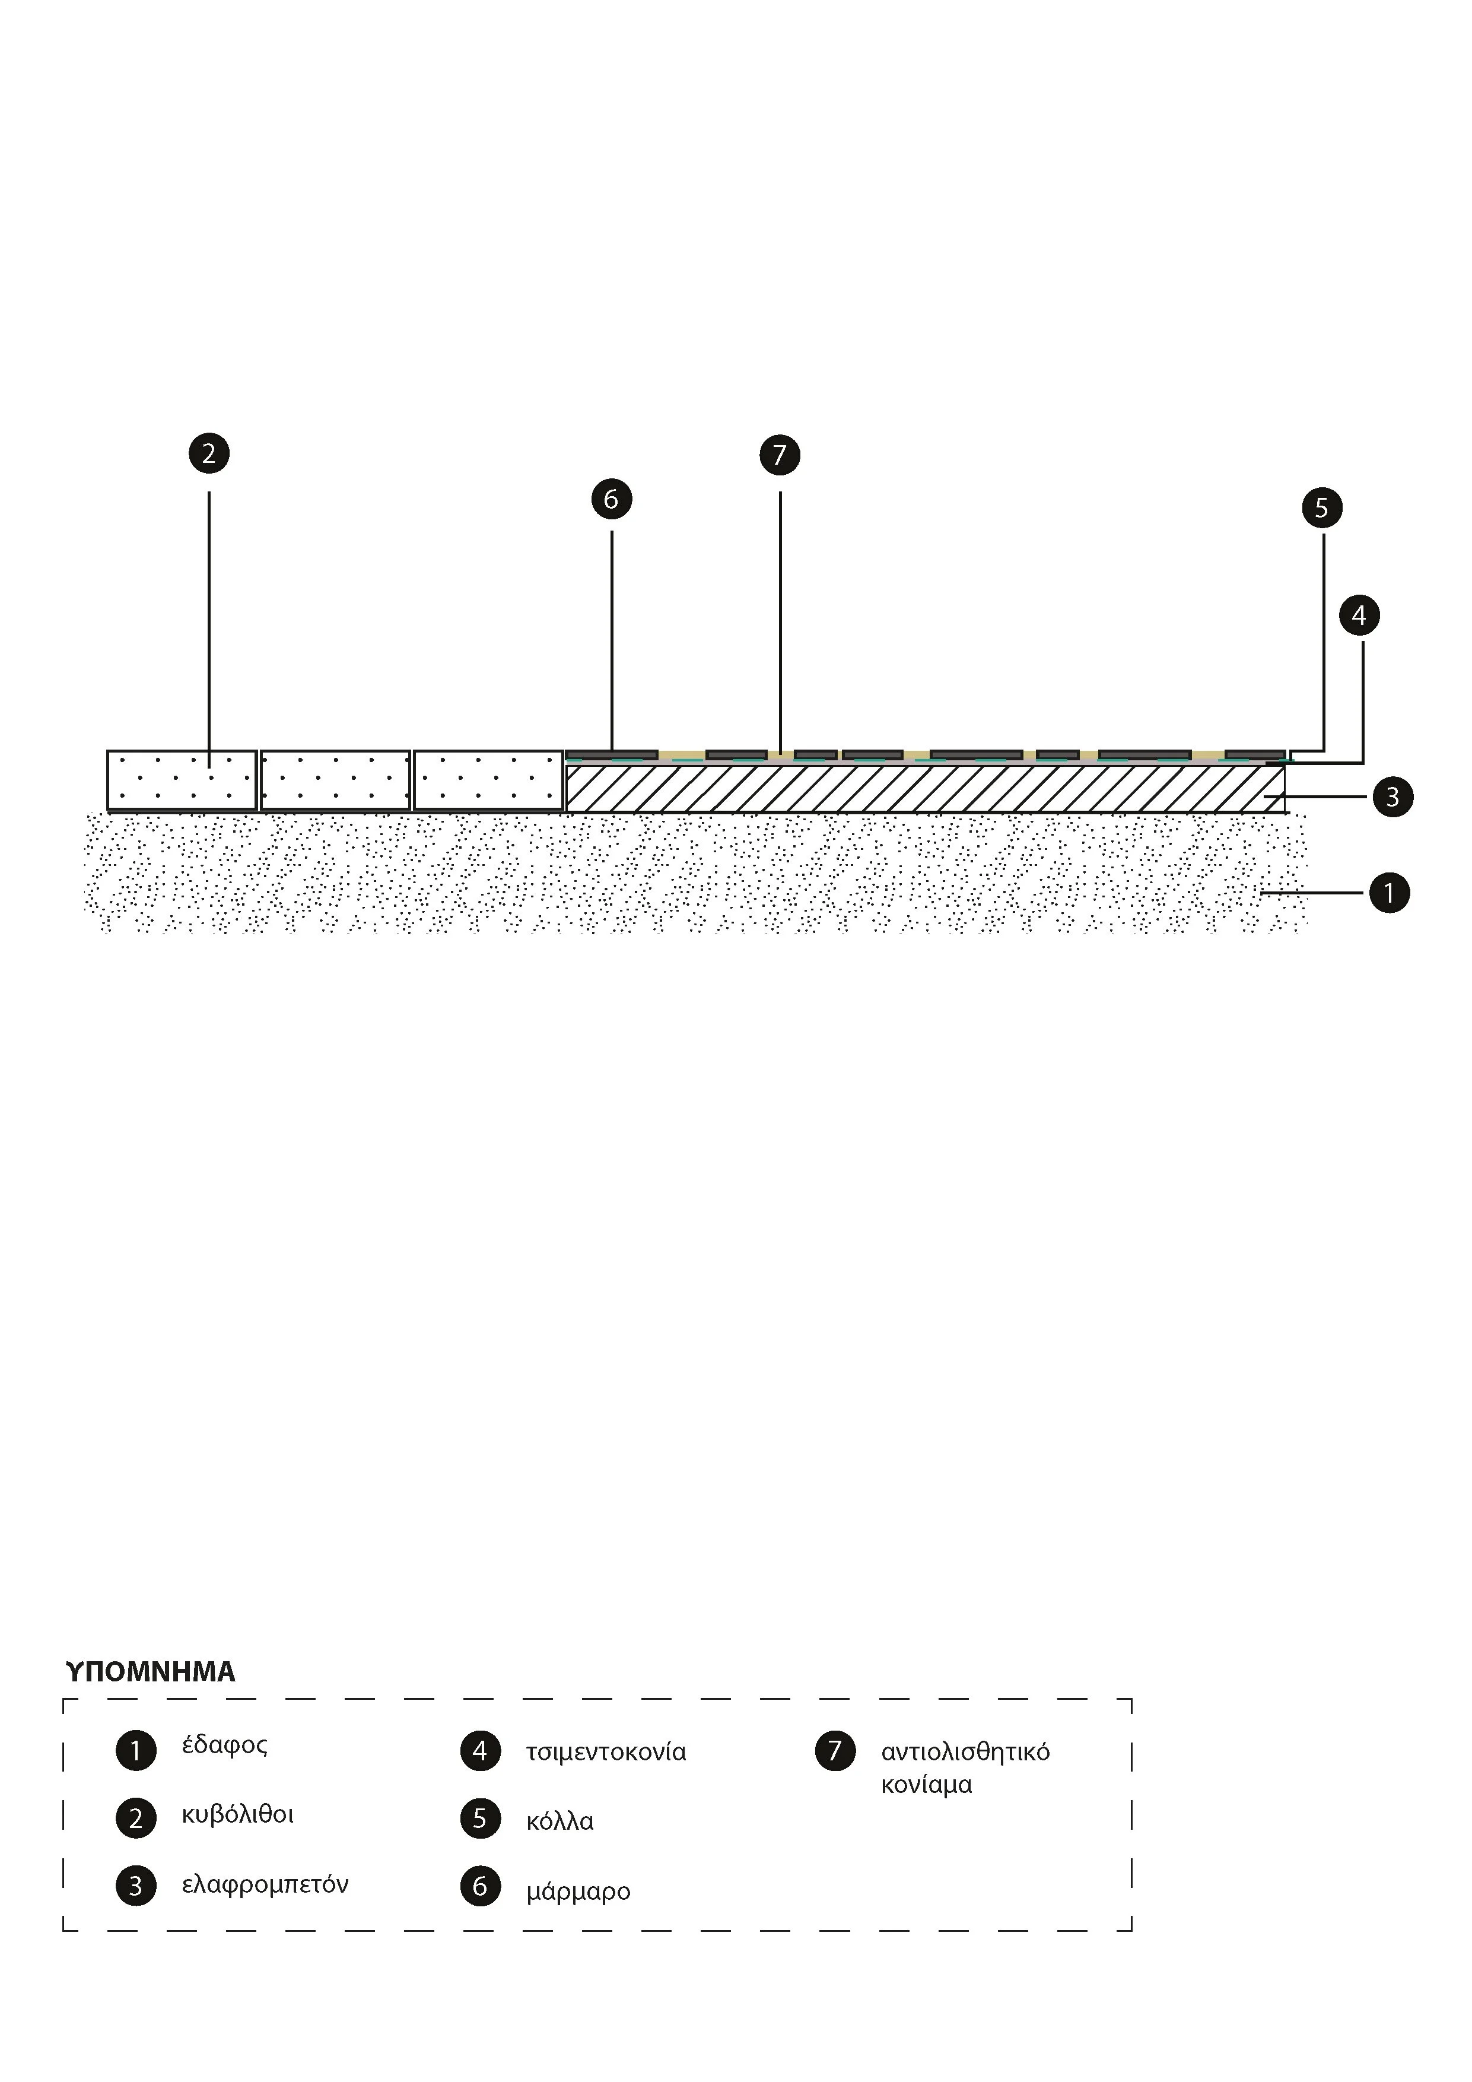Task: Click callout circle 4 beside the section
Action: (x=1359, y=615)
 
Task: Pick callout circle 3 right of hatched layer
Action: (x=1392, y=797)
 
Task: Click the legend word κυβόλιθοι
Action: (x=237, y=1814)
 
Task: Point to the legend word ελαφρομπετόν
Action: (x=265, y=1885)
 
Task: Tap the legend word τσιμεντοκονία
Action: (x=606, y=1752)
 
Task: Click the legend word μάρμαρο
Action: (x=577, y=1893)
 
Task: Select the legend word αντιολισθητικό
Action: (x=965, y=1752)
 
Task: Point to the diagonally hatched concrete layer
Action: (x=924, y=789)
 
